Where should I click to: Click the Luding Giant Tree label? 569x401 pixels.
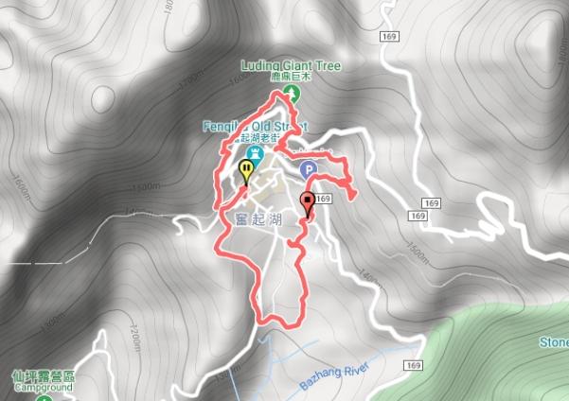[291, 65]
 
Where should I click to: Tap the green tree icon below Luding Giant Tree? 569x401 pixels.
[292, 92]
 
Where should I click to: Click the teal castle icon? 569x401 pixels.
[254, 154]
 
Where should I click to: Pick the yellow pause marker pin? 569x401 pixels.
[246, 171]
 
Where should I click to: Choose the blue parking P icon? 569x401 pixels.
[308, 169]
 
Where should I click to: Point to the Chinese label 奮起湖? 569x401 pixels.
[243, 219]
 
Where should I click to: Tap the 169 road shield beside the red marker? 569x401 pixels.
[324, 200]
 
